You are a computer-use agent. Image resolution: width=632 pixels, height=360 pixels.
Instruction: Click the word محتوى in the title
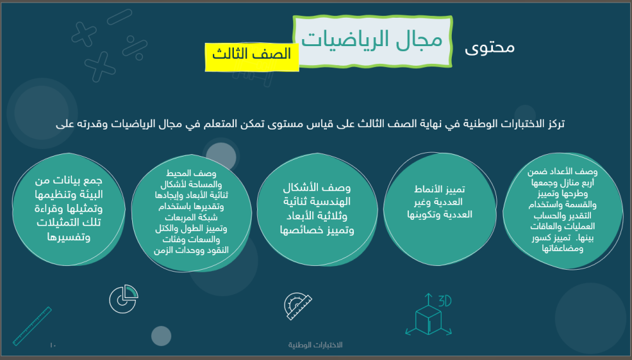(x=489, y=47)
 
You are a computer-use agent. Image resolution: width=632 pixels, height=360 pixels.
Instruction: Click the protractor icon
(x=298, y=306)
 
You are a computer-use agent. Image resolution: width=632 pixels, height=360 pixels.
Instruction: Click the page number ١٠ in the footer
(x=53, y=345)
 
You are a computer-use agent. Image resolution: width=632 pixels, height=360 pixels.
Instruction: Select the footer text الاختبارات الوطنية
(x=315, y=345)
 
